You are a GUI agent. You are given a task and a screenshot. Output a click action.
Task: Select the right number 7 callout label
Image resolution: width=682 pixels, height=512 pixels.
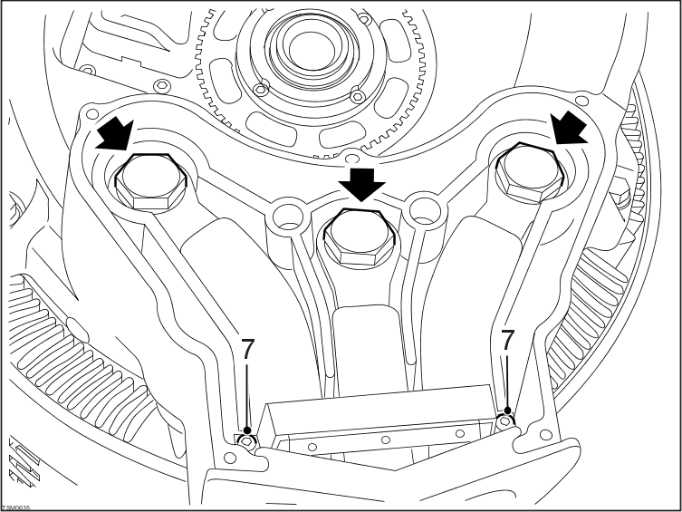(x=508, y=341)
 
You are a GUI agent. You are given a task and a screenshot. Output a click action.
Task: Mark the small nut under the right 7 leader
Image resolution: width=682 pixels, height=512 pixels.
(x=507, y=419)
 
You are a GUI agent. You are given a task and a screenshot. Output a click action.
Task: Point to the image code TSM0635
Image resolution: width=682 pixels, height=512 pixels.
(x=15, y=506)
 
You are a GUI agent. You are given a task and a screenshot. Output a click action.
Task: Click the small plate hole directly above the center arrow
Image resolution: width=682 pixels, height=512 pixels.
(x=347, y=152)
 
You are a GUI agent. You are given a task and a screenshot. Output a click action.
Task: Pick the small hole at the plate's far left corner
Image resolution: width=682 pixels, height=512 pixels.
(x=90, y=114)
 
